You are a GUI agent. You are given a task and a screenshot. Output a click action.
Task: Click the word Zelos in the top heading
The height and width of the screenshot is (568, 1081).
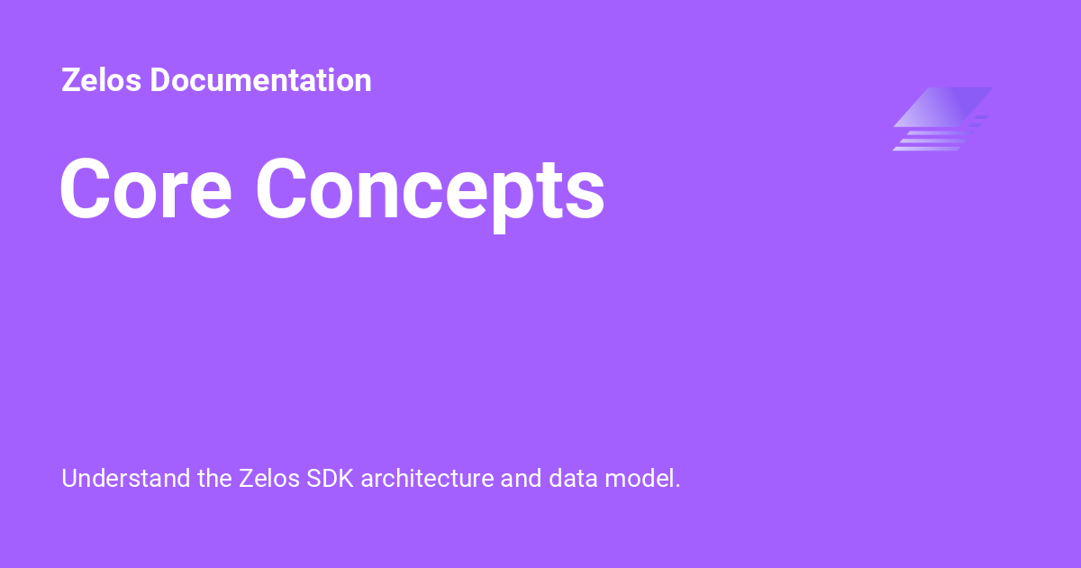coord(101,80)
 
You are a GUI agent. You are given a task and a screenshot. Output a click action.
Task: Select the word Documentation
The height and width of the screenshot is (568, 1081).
coord(260,80)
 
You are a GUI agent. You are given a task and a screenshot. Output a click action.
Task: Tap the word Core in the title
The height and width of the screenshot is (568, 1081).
coord(145,188)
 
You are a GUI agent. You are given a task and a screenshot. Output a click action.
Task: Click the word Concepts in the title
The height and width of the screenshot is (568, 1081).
coord(431,190)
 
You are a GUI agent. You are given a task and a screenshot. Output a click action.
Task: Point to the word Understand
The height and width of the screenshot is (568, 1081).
coord(125,478)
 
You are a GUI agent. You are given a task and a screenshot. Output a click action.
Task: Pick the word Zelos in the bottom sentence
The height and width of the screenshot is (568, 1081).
coord(270,478)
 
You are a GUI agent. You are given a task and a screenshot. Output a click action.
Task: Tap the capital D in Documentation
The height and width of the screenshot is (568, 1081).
coord(160,80)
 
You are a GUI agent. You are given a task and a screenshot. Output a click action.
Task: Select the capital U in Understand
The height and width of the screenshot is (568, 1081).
coord(69,478)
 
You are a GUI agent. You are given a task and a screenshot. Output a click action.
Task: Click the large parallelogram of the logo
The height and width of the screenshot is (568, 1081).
coord(943,106)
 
